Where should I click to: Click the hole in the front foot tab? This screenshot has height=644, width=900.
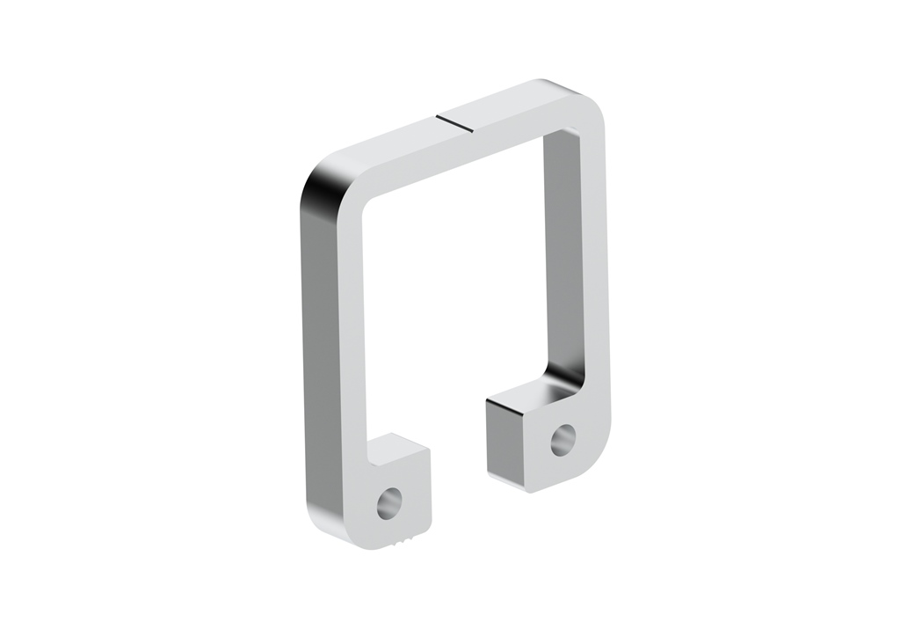388,503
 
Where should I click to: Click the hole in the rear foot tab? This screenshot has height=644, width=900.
562,439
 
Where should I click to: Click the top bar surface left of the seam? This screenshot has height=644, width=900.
387,158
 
